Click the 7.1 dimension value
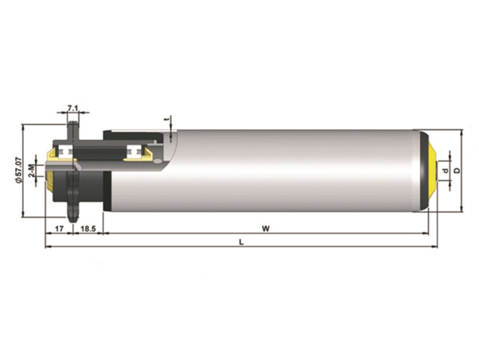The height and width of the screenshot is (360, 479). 73,108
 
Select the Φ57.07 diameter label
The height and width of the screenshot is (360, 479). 18,170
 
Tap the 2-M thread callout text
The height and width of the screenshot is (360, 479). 31,170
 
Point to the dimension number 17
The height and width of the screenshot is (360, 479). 59,228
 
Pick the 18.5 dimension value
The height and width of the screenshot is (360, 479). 89,228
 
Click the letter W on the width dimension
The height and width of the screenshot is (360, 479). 266,228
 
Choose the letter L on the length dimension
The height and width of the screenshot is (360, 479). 241,243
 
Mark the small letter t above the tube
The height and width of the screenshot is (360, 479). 167,120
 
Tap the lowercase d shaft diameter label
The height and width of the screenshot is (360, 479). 446,170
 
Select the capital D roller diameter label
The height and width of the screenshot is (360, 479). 457,170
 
